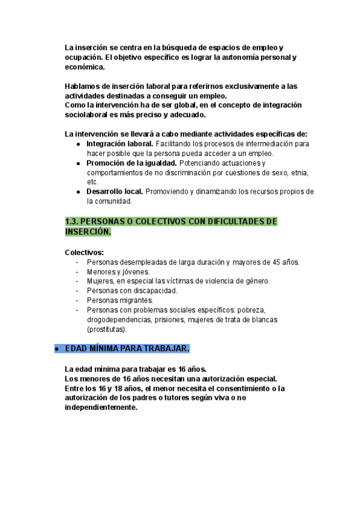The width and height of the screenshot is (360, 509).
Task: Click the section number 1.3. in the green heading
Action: [73, 221]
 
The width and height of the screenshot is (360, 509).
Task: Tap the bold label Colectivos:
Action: [84, 252]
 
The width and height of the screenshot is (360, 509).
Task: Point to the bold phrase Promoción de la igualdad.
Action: [131, 163]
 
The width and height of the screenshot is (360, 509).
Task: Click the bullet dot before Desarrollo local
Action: [79, 192]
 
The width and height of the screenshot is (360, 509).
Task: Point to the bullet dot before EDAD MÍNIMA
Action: [56, 349]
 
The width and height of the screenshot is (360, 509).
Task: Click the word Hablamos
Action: [82, 86]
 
